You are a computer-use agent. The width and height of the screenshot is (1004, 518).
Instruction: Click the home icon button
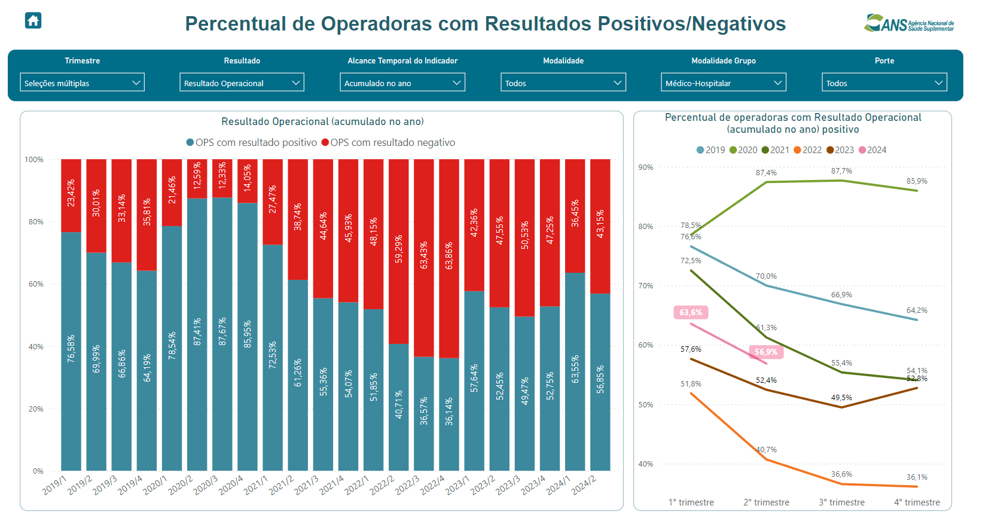coord(33,21)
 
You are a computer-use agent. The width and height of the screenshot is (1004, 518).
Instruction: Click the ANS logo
coord(908,23)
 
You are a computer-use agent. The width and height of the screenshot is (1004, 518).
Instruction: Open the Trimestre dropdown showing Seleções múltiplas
coord(83,83)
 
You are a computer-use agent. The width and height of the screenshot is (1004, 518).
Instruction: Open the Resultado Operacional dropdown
coord(242,83)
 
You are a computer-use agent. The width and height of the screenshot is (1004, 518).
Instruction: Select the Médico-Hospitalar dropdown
coord(723,83)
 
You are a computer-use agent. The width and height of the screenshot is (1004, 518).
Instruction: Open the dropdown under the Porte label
coord(884,83)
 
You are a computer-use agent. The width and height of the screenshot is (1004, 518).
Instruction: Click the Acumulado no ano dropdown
coord(402,83)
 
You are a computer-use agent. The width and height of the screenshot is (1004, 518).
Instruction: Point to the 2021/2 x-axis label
coord(281,485)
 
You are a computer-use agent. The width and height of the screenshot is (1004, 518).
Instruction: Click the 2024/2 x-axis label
coord(584,485)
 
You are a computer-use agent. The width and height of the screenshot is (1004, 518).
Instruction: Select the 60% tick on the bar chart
coord(36,284)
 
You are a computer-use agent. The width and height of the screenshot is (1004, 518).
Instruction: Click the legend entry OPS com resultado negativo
coord(388,143)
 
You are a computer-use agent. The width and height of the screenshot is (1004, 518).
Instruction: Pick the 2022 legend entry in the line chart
coord(808,150)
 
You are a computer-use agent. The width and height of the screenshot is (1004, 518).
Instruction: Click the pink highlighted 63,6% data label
coord(691,312)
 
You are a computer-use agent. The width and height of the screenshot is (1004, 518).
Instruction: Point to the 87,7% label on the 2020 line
coord(841,171)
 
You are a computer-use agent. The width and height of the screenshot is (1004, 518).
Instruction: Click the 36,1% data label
coord(917,477)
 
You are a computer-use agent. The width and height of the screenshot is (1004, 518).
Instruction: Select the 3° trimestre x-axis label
coord(841,502)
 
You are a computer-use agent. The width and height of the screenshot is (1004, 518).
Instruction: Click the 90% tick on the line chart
coord(645,167)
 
